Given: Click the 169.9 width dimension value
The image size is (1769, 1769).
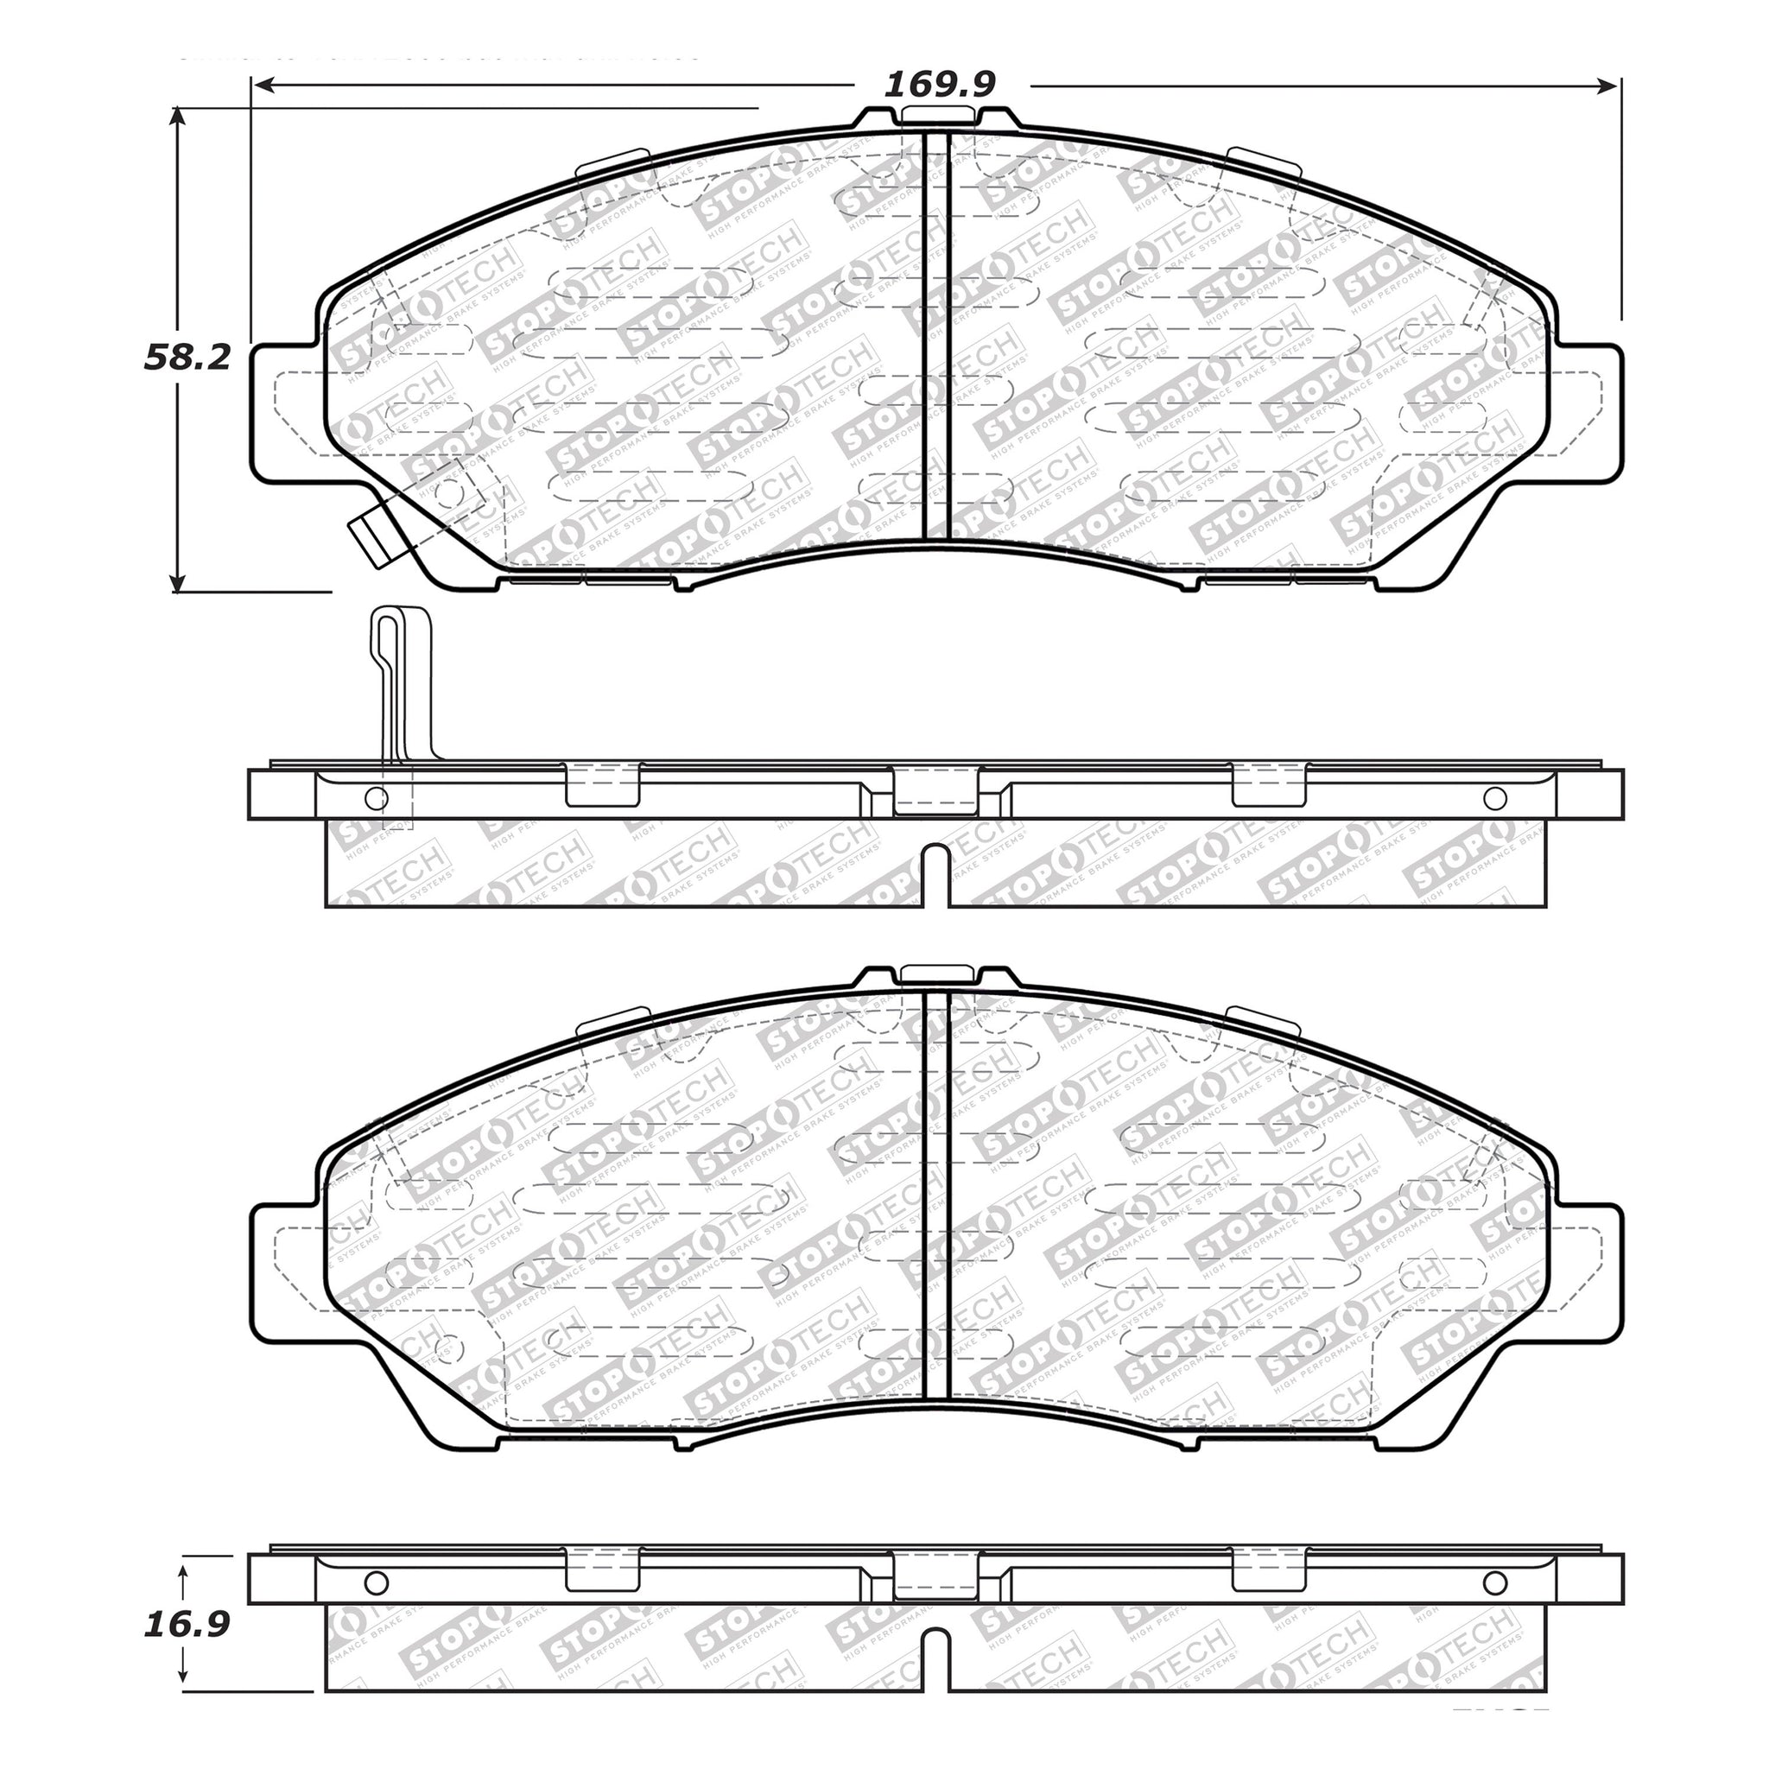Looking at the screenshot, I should click(x=940, y=85).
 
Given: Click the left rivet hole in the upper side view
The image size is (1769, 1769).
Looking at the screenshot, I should click(x=377, y=798).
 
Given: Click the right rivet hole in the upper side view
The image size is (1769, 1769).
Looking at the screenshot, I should click(x=1495, y=798).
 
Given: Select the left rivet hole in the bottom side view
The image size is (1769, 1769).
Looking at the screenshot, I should click(x=377, y=1583).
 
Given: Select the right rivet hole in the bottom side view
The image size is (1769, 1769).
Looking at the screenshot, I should click(x=1495, y=1583).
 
